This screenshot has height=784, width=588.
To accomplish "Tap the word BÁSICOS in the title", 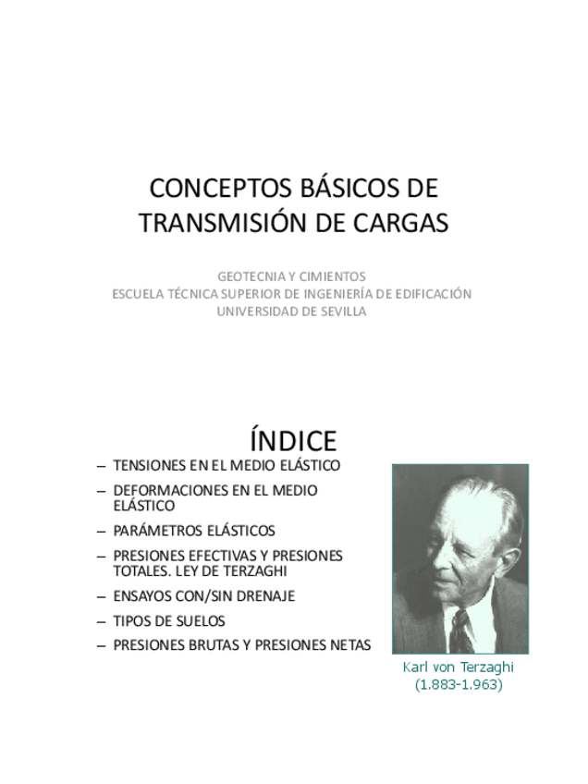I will pyautogui.click(x=336, y=188).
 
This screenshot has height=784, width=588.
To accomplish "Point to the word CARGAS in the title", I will pyautogui.click(x=398, y=222).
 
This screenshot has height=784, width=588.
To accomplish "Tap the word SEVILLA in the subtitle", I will pyautogui.click(x=342, y=312).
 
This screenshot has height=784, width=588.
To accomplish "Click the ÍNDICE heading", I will pyautogui.click(x=293, y=440).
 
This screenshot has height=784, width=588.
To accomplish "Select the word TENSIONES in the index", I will pyautogui.click(x=148, y=465).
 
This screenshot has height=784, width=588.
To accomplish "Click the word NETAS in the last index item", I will pyautogui.click(x=349, y=645).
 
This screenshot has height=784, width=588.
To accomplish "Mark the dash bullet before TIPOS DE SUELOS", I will pyautogui.click(x=101, y=620).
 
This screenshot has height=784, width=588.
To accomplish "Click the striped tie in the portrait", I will pyautogui.click(x=460, y=630).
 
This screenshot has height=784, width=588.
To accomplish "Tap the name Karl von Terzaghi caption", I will pyautogui.click(x=459, y=668).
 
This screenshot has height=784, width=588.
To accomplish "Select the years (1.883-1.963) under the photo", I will pyautogui.click(x=459, y=685).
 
